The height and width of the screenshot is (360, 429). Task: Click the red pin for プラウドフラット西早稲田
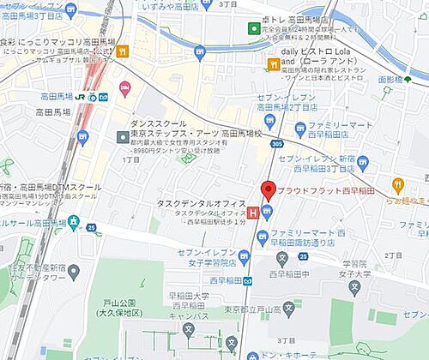tap(267, 191)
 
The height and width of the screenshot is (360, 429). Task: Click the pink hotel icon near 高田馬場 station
tap(125, 88)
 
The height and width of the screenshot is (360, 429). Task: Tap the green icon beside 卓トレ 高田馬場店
tap(254, 29)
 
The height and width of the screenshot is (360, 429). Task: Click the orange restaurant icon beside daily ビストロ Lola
tap(274, 63)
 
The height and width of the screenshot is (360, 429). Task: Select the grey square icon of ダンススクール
tap(123, 136)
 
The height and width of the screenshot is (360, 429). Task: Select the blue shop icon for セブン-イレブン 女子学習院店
tap(244, 256)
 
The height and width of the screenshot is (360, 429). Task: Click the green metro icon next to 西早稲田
tap(247, 279)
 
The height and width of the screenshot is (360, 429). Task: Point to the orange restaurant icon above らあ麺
tap(398, 184)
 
